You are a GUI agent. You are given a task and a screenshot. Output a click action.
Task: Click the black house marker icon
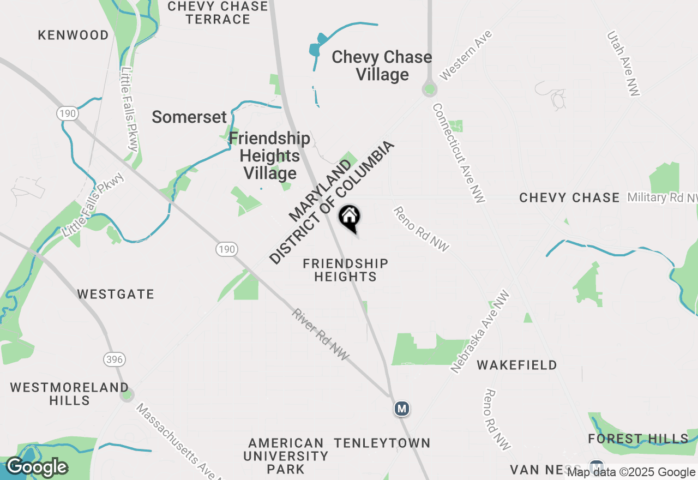pos(349,218)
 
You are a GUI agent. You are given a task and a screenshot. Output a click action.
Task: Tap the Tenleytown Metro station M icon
pos(402,409)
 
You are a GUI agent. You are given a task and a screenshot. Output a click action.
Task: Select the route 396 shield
pos(115,359)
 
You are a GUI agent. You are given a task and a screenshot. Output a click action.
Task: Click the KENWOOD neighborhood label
pos(74,35)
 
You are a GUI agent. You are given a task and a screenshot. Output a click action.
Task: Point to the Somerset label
pos(189,117)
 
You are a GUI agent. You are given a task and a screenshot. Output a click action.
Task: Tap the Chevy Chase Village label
pos(382,65)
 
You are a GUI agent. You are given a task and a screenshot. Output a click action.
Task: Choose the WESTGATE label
pos(116,295)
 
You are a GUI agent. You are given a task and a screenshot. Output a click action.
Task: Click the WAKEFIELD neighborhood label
pos(517,365)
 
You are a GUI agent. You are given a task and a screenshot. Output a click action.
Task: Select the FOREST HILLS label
pos(638,439)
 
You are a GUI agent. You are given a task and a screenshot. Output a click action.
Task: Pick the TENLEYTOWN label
pos(382,443)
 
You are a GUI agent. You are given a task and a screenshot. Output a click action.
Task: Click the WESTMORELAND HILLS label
pos(69,394)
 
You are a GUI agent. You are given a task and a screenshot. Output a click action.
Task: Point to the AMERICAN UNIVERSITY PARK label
pos(286,455)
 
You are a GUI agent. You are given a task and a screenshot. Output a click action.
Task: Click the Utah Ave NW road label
pos(624,64)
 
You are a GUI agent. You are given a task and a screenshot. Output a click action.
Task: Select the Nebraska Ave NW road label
pos(480,332)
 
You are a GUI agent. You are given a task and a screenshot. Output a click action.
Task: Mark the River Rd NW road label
pos(320,334)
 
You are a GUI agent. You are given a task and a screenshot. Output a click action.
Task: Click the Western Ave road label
pos(466,55)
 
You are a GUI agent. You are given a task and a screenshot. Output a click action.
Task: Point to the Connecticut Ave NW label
pos(459,153)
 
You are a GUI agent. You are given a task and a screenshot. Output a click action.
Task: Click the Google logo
pos(37,467)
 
